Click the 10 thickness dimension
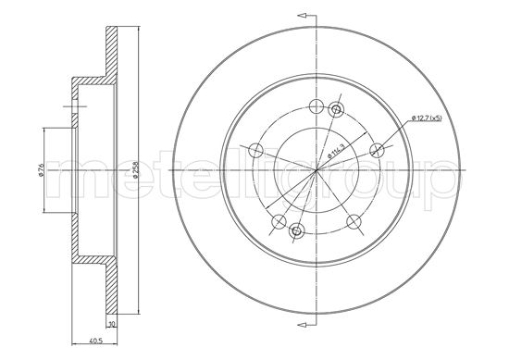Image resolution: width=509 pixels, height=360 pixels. coord(112,325)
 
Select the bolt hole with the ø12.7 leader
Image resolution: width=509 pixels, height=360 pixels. coord(376,149)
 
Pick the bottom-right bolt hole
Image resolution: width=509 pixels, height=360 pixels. coord(353,219)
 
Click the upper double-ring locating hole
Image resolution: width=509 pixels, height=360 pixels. coord(336,110)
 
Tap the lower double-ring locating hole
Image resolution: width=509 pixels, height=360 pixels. coord(296,231)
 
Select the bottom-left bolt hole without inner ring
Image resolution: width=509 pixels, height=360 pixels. coord(277,220)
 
